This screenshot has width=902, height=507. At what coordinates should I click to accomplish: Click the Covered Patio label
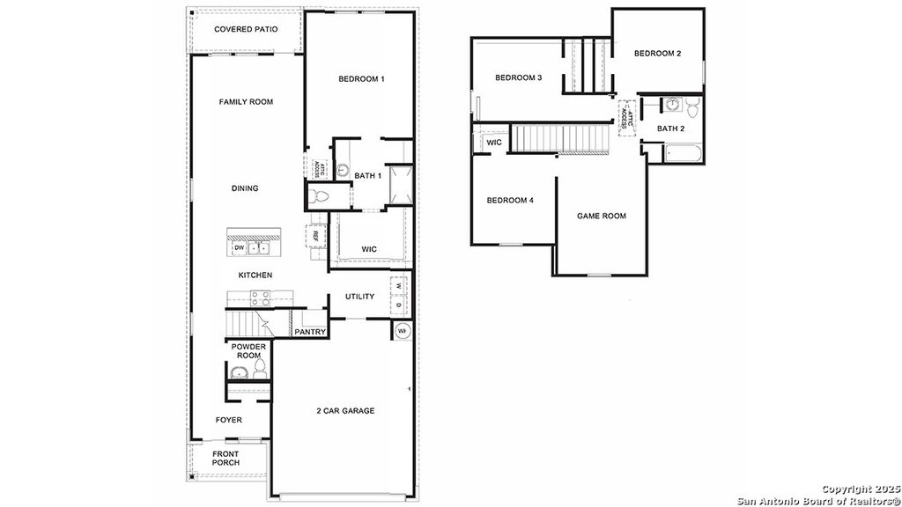click(x=246, y=29)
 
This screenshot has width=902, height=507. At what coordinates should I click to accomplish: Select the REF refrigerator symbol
click(x=313, y=234)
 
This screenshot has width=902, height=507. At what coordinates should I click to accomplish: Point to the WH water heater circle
click(x=402, y=331)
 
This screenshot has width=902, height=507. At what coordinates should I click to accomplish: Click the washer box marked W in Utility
click(x=398, y=286)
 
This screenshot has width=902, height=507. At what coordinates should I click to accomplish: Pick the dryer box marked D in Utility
click(x=398, y=305)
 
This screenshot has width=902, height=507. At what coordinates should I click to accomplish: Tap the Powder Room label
click(x=248, y=351)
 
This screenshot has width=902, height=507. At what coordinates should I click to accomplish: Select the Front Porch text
click(x=225, y=459)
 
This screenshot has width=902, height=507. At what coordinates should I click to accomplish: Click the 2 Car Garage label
click(x=345, y=411)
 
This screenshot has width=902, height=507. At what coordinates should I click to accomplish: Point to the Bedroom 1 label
click(x=361, y=79)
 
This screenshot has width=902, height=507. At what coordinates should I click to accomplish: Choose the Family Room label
click(x=246, y=102)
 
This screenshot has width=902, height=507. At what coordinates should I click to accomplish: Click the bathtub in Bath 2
click(x=683, y=155)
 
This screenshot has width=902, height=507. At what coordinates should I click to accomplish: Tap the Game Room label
click(x=602, y=216)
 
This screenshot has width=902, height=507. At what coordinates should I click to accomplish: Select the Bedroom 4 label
click(x=510, y=200)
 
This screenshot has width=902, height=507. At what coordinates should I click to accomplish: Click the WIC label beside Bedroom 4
click(x=494, y=143)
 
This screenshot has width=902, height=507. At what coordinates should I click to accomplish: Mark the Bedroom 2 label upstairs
click(x=657, y=54)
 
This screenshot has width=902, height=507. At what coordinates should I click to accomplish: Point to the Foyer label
click(x=229, y=420)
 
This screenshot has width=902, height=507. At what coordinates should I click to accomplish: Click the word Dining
click(x=245, y=188)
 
